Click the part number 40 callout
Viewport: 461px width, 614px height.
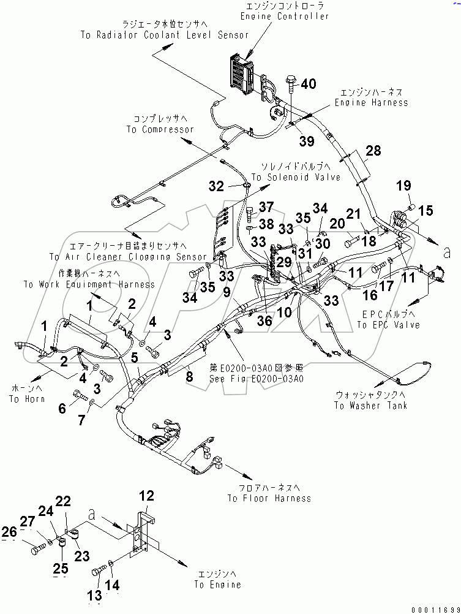[309, 84]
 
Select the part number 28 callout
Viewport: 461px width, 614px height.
[373, 151]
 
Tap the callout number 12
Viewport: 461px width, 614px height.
[147, 496]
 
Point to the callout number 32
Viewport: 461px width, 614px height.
[217, 186]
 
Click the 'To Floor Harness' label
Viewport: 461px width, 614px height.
[269, 498]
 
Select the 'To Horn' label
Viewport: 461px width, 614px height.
[23, 399]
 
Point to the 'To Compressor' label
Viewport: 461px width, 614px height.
[160, 129]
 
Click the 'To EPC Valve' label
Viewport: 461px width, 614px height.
[388, 325]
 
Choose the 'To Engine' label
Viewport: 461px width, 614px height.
[217, 584]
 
